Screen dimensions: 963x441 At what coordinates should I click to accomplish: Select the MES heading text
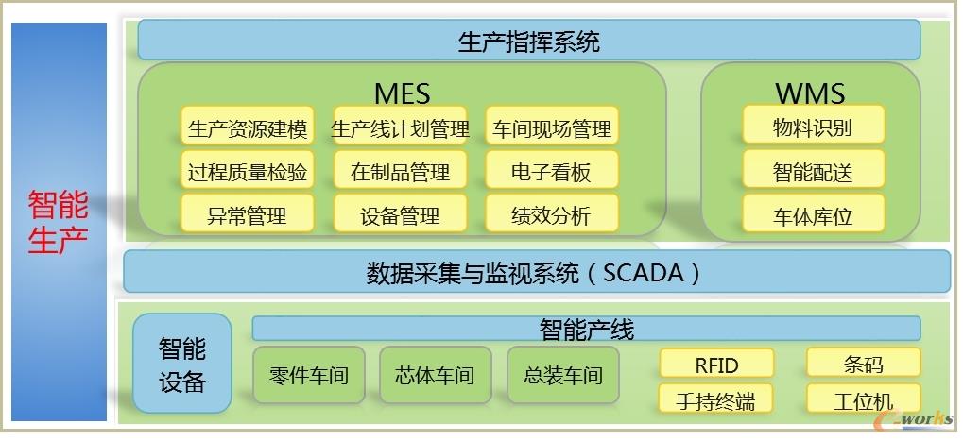pos(403,93)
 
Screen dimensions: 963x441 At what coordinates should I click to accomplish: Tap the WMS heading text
pos(810,93)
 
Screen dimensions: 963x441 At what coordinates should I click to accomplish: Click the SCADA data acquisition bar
pos(537,271)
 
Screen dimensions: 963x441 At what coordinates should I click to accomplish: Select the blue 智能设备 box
pos(182,364)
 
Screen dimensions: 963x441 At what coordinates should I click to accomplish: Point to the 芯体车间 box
pos(436,375)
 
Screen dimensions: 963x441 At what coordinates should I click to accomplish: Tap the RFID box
pos(716,364)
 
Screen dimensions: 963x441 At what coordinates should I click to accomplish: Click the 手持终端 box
pos(715,399)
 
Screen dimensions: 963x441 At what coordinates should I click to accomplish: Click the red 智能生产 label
pos(59,222)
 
